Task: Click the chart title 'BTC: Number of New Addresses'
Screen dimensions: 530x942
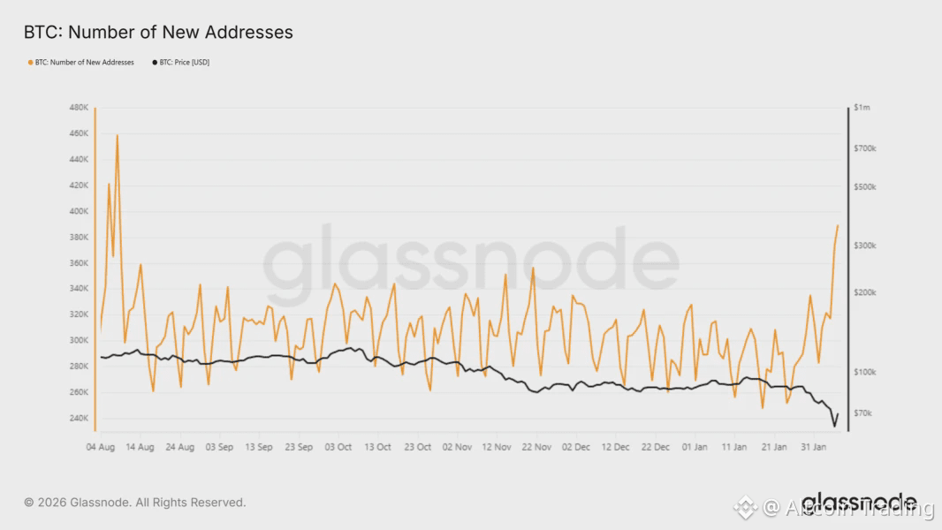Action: pos(158,33)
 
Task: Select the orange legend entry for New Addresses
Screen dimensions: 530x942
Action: pos(81,63)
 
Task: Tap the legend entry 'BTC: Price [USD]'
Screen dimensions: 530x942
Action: pos(183,63)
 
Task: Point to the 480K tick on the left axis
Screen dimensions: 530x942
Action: pos(78,108)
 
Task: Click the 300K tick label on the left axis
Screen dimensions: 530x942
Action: pos(78,340)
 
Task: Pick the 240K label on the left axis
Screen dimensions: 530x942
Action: pos(78,418)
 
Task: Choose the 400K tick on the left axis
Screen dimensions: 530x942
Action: pos(78,211)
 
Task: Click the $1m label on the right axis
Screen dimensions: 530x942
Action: pos(862,108)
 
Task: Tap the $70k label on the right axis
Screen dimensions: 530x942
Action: pos(864,413)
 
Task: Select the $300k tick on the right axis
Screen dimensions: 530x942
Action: pos(866,246)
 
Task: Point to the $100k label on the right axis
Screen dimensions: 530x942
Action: pos(866,372)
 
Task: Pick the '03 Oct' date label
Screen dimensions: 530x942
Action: pos(338,448)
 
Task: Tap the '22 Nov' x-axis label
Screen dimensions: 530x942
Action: pos(536,448)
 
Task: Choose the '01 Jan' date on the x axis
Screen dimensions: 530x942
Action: pos(695,448)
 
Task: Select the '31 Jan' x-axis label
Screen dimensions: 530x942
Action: pos(813,448)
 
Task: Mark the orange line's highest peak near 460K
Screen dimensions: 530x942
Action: pos(117,135)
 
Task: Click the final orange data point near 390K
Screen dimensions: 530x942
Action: pos(838,225)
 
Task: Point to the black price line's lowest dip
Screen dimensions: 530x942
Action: pos(833,427)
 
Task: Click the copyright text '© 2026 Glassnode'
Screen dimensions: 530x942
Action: pos(134,503)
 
